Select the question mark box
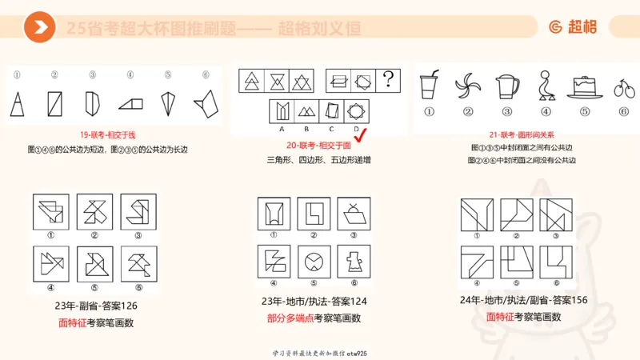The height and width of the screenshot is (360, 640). (x=389, y=80)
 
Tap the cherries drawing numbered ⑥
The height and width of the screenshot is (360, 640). (x=623, y=88)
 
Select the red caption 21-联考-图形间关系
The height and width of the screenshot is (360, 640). (x=524, y=134)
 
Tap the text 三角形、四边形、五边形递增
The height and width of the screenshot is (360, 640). (x=318, y=160)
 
